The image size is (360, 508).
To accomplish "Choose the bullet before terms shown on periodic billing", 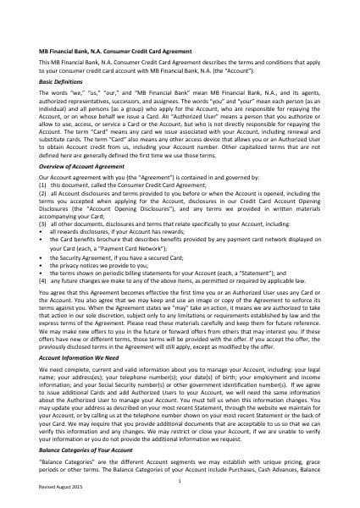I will [x=40, y=273].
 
